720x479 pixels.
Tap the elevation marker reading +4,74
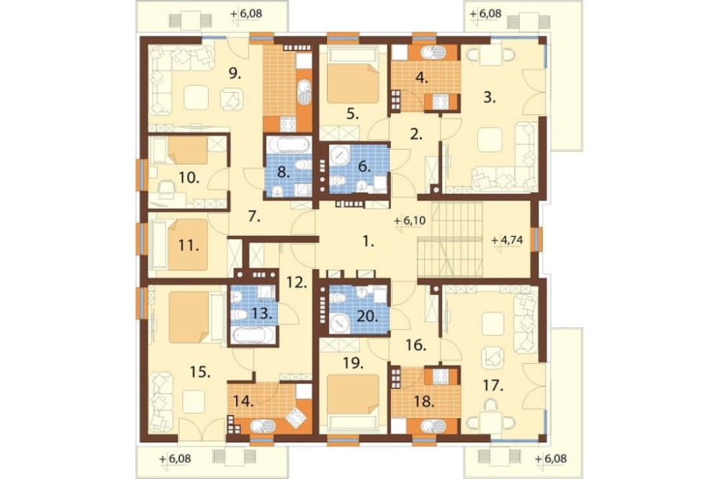[507, 240]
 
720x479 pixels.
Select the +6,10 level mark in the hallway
[410, 221]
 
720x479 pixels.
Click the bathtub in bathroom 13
[253, 336]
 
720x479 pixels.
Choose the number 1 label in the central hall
[368, 242]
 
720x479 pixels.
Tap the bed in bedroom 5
[353, 78]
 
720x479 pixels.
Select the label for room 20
[369, 317]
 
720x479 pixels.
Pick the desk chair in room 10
[166, 188]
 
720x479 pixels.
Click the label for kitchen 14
[243, 402]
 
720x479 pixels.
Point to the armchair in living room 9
[231, 99]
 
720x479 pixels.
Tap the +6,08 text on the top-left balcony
[246, 14]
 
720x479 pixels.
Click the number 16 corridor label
[416, 345]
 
